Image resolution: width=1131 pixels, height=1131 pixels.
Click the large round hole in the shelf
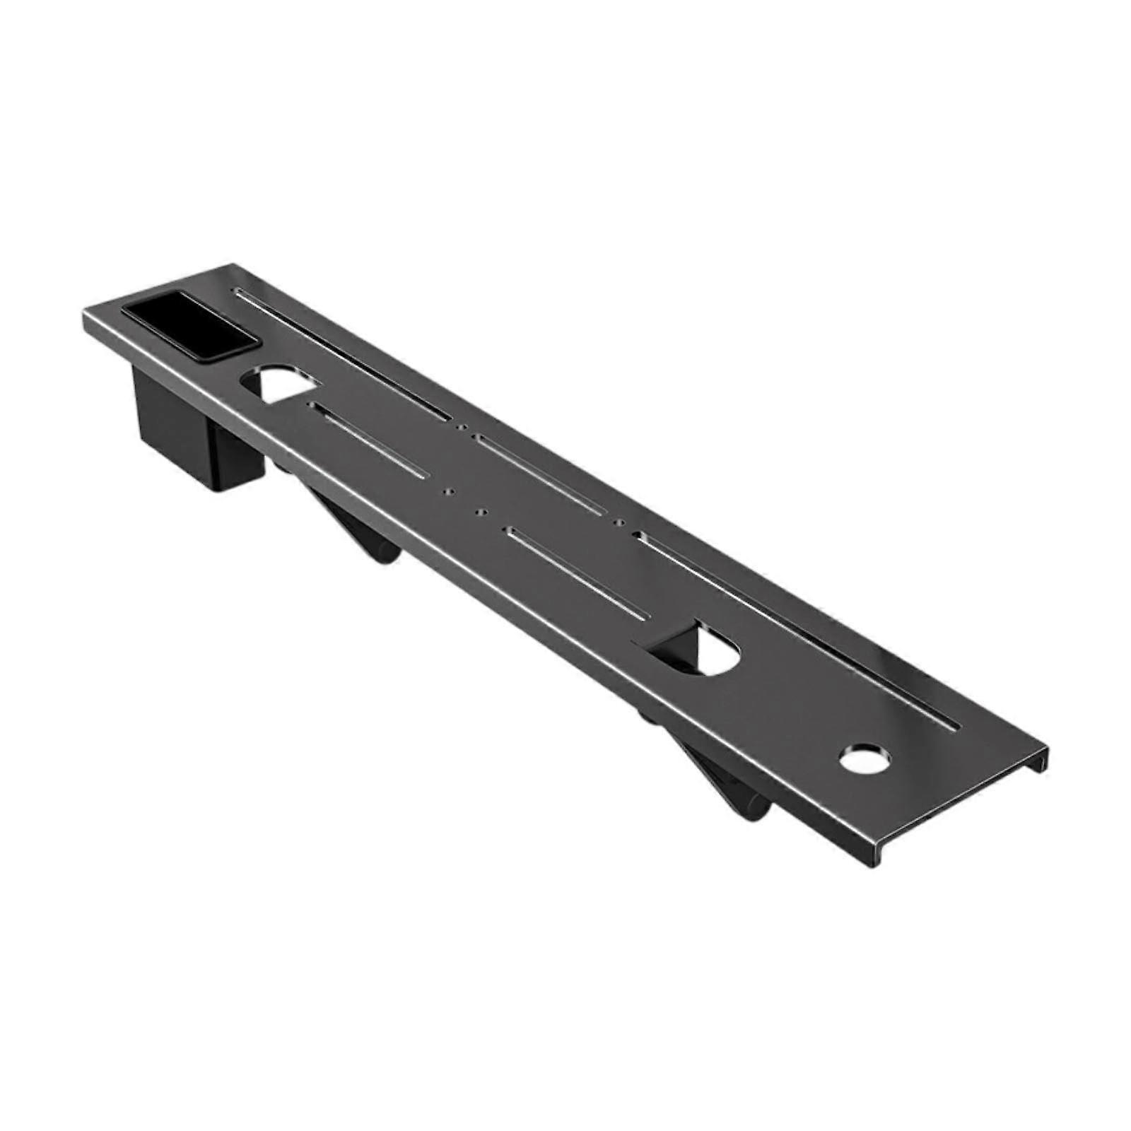tap(865, 758)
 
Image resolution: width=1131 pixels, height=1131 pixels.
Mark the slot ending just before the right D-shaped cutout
tap(575, 575)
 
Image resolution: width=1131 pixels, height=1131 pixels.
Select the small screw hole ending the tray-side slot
tap(461, 426)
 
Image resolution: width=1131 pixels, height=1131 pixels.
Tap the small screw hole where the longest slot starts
tap(620, 523)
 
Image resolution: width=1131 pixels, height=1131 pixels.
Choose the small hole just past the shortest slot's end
tap(445, 491)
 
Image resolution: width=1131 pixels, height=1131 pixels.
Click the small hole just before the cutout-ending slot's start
tap(483, 510)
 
